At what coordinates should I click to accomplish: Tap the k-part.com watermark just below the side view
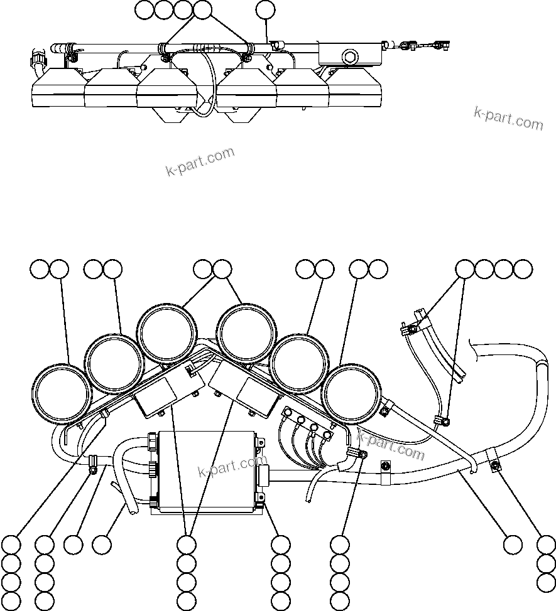click(200, 162)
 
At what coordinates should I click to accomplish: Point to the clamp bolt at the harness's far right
click(496, 464)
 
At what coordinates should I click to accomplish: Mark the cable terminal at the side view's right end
click(440, 45)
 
